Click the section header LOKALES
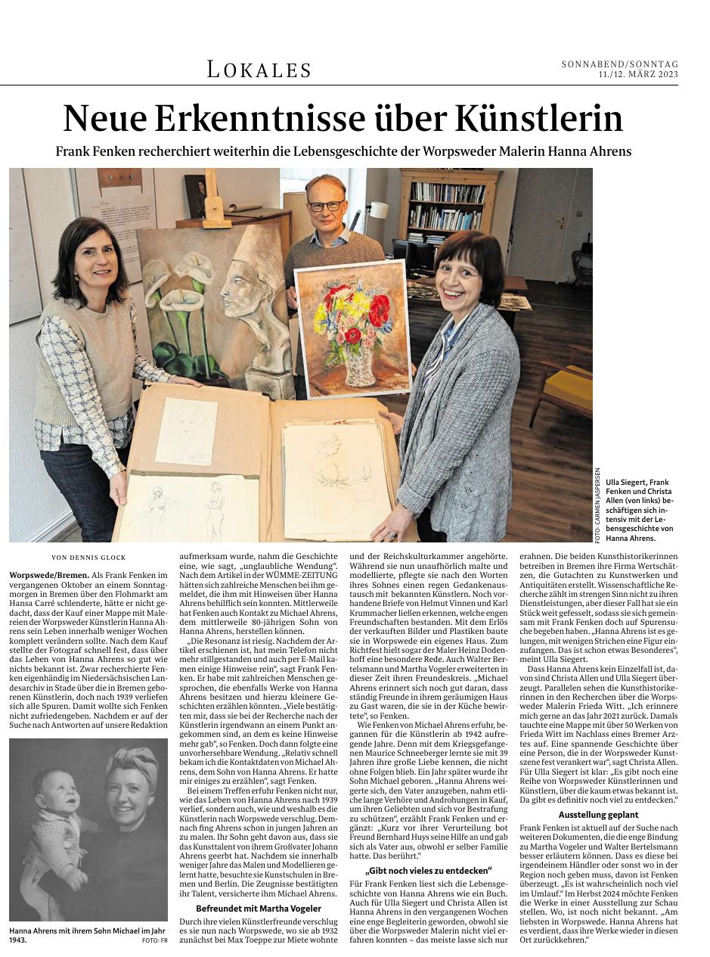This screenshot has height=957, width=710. (x=259, y=70)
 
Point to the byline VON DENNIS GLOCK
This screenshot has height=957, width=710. (x=88, y=558)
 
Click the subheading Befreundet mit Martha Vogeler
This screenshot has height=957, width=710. (x=258, y=907)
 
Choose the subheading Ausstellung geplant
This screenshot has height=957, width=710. (x=598, y=815)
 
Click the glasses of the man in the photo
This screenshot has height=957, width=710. (x=326, y=206)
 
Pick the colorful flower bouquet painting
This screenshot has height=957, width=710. (x=352, y=327)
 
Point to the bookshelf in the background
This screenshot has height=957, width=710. (x=448, y=208)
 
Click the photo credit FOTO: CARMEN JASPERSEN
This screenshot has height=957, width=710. (x=597, y=505)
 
